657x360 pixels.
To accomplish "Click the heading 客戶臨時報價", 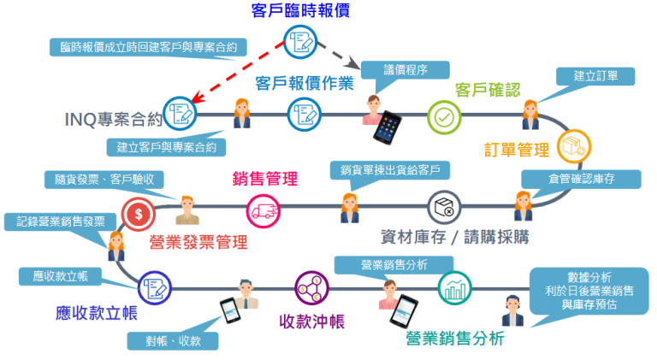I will click(x=300, y=11).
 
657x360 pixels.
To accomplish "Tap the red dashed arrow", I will click(x=240, y=71).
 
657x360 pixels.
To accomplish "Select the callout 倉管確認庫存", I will click(x=582, y=179).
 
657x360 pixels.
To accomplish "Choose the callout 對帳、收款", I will click(x=172, y=339).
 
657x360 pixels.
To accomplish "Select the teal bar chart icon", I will click(x=455, y=287).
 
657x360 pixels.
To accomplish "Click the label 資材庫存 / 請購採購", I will click(x=454, y=236).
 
